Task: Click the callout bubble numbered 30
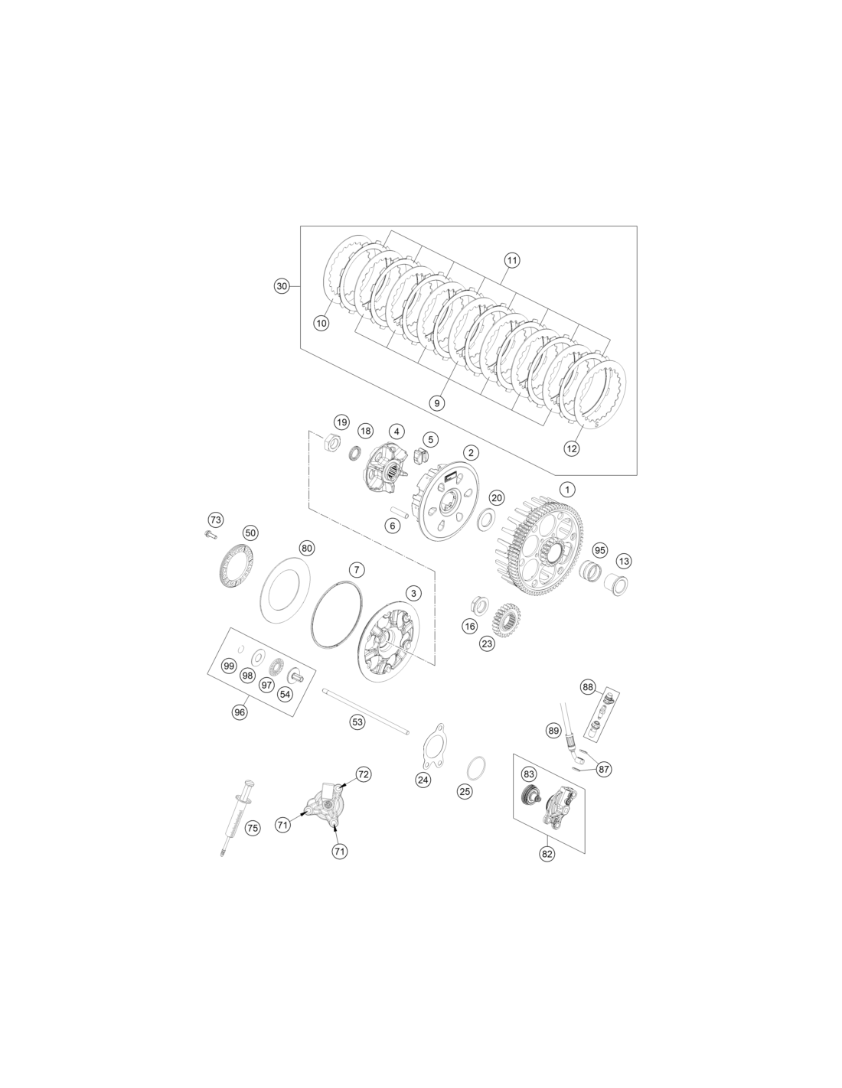(282, 286)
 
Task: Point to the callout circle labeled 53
(357, 722)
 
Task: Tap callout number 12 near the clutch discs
(572, 448)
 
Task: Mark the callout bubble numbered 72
(363, 774)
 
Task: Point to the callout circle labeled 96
(240, 712)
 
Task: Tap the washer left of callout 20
(485, 520)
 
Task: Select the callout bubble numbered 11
(512, 260)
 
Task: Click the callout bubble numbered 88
(588, 687)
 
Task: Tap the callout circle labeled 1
(567, 489)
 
